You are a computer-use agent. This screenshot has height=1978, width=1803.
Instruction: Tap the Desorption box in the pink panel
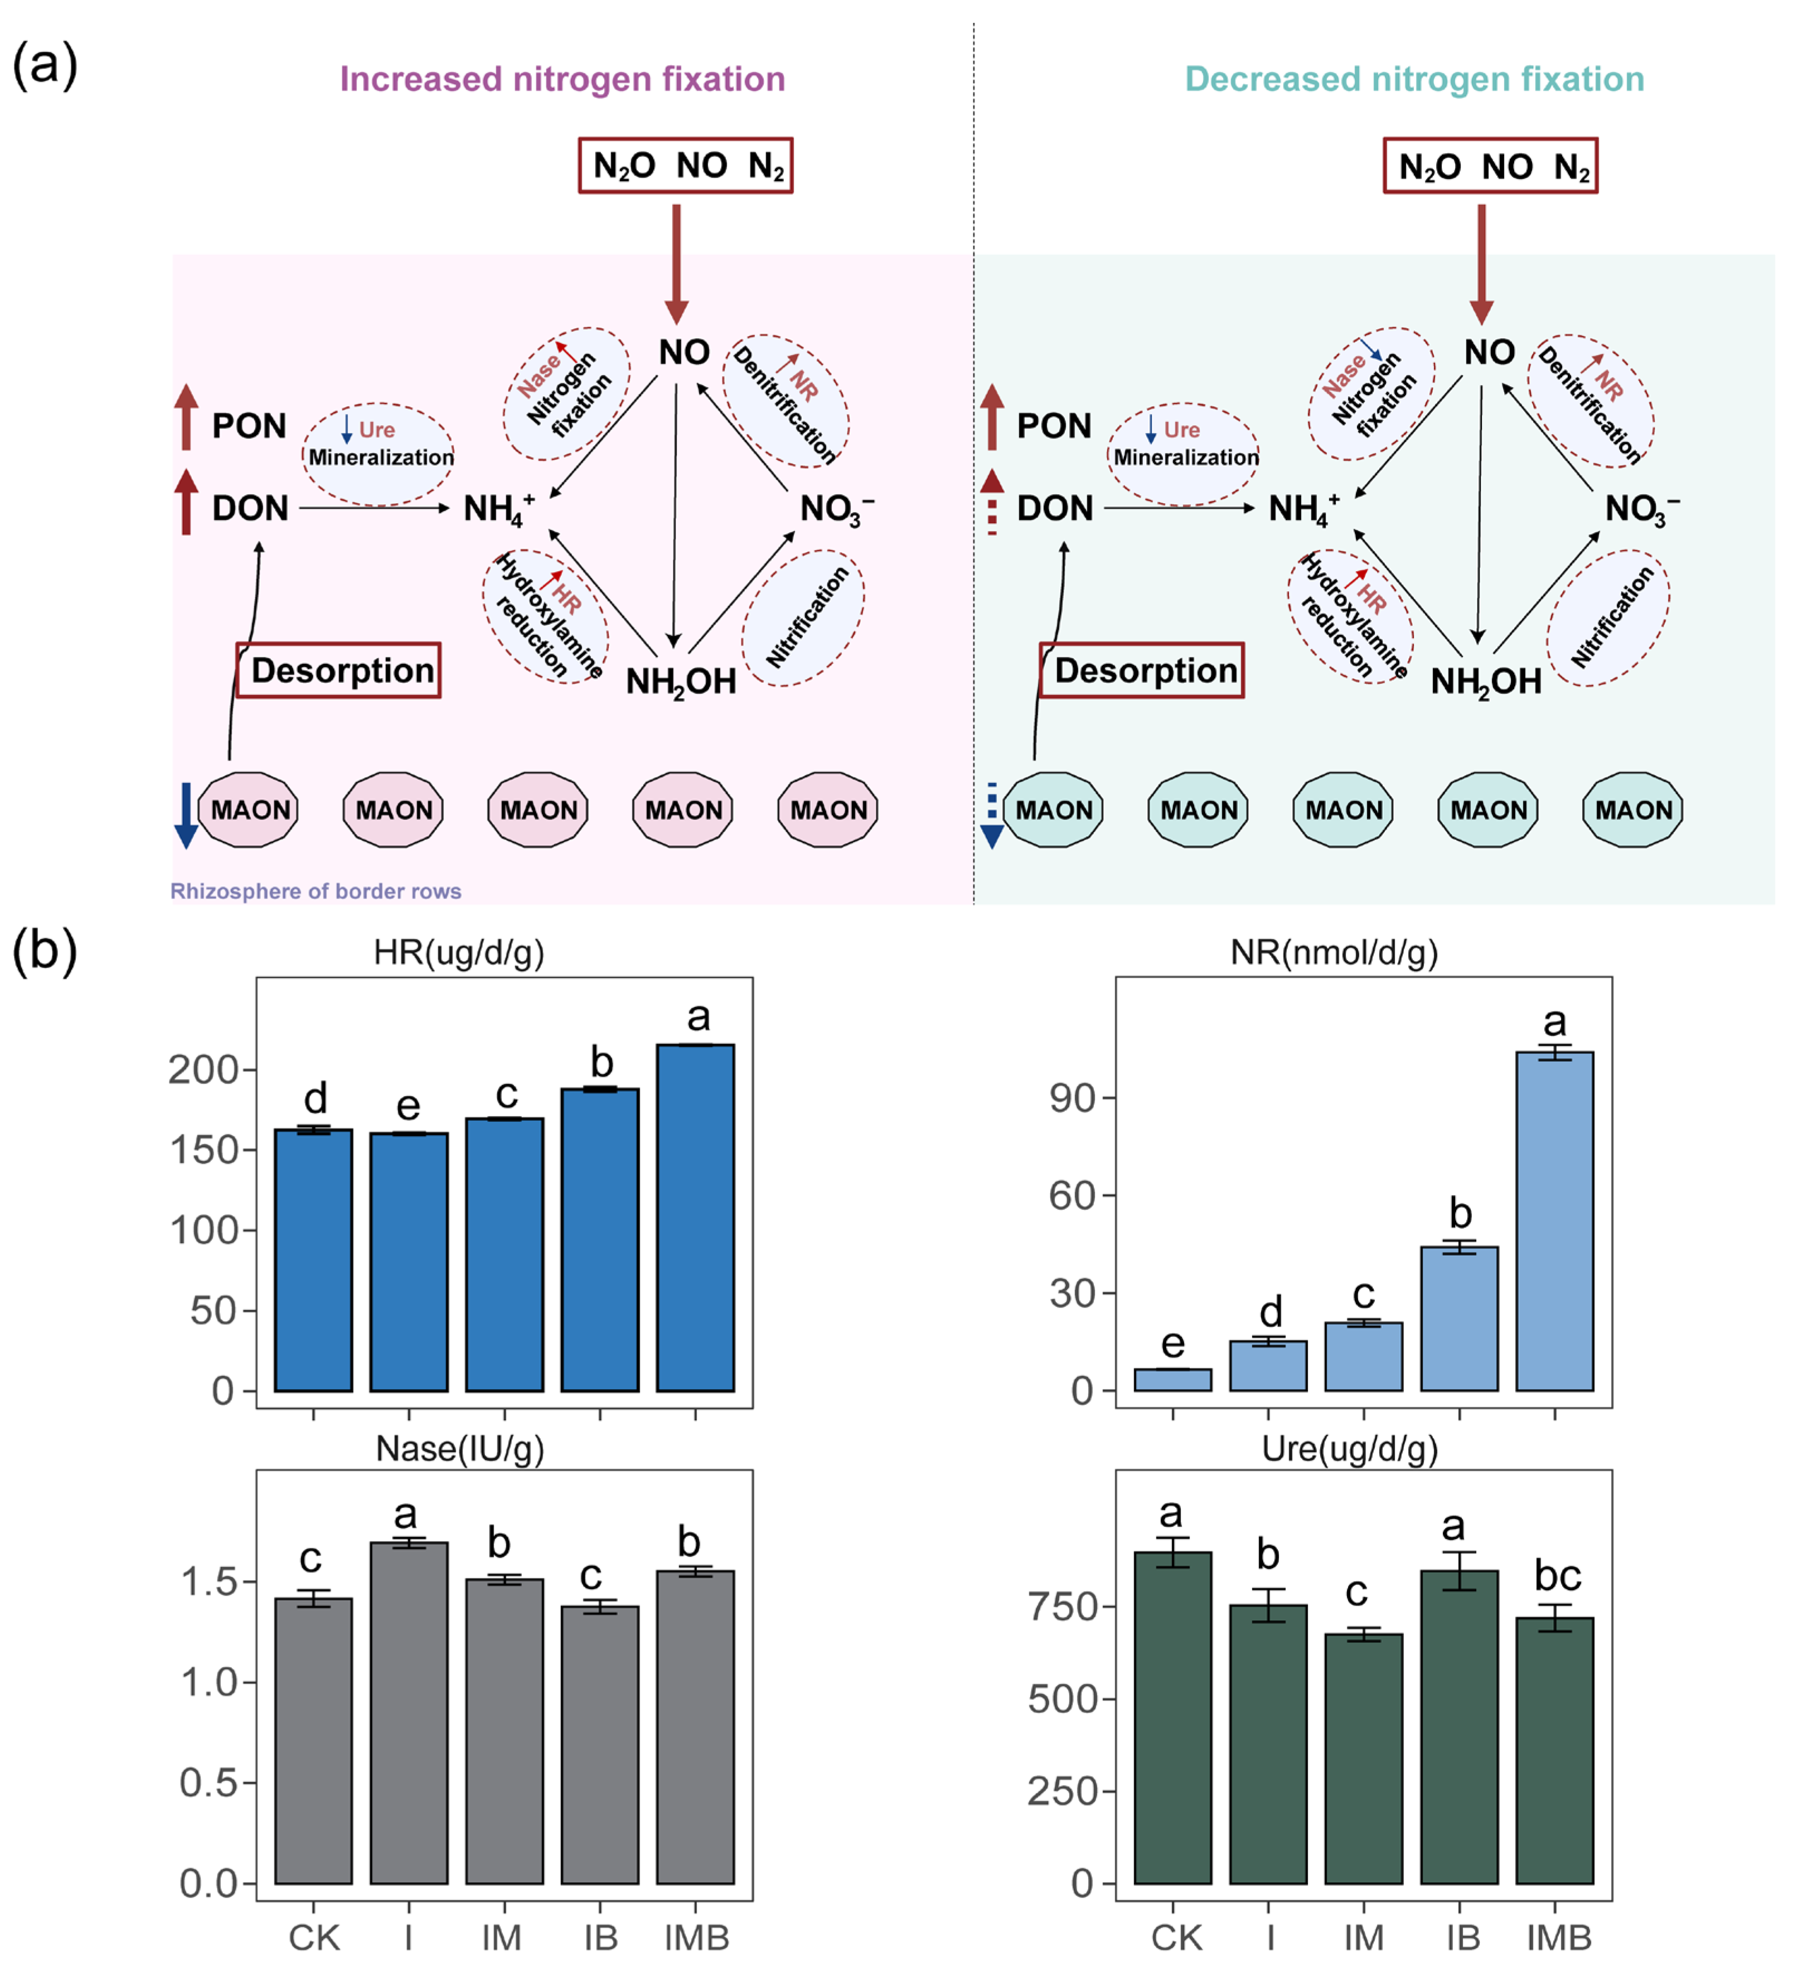pyautogui.click(x=338, y=671)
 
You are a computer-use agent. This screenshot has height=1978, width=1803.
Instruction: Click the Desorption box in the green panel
pyautogui.click(x=1142, y=671)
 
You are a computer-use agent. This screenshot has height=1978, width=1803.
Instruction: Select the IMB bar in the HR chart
pyautogui.click(x=695, y=1217)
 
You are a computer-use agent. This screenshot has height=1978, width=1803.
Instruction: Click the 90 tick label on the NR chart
pyautogui.click(x=1072, y=1099)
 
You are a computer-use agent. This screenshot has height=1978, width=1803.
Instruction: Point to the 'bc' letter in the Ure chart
pyautogui.click(x=1558, y=1576)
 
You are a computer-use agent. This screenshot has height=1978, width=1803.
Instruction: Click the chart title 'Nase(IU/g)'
pyautogui.click(x=459, y=1449)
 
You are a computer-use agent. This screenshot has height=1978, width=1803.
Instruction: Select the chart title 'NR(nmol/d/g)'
pyautogui.click(x=1334, y=952)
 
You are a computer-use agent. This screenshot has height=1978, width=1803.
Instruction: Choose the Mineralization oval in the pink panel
pyautogui.click(x=379, y=454)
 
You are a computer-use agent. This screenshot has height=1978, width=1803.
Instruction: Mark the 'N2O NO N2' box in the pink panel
pyautogui.click(x=685, y=166)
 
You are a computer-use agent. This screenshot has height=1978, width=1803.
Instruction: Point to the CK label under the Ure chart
pyautogui.click(x=1176, y=1938)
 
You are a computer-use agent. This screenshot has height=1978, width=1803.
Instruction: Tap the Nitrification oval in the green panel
pyautogui.click(x=1608, y=618)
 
